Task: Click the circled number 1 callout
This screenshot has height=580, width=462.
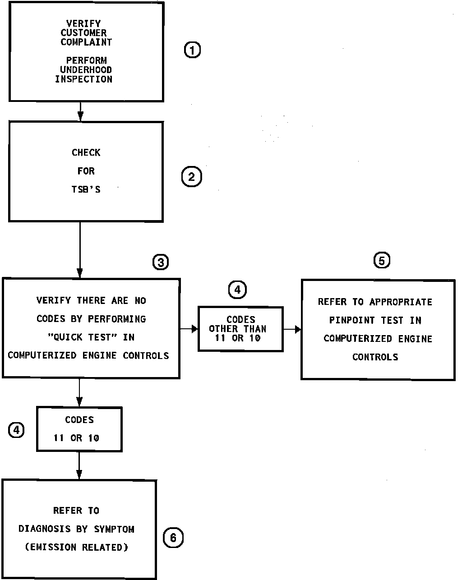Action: pyautogui.click(x=192, y=50)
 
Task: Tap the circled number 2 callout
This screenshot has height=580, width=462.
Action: pyautogui.click(x=191, y=177)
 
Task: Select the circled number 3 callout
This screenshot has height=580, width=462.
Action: pyautogui.click(x=161, y=262)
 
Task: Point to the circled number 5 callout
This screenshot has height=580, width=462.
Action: pyautogui.click(x=382, y=260)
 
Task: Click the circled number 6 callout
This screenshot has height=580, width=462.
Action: pyautogui.click(x=173, y=538)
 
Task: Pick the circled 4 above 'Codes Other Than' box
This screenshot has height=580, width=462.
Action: pyautogui.click(x=237, y=290)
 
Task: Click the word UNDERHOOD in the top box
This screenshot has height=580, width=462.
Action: pyautogui.click(x=86, y=70)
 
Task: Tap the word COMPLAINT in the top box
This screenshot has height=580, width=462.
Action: pyautogui.click(x=86, y=42)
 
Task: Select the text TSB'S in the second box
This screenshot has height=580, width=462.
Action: pyautogui.click(x=86, y=189)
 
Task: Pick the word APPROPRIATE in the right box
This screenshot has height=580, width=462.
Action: pyautogui.click(x=401, y=302)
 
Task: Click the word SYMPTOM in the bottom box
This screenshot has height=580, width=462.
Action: pyautogui.click(x=114, y=529)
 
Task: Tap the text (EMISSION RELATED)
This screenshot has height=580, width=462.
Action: pyautogui.click(x=76, y=548)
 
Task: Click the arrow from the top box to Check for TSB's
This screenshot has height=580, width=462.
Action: pyautogui.click(x=80, y=112)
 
